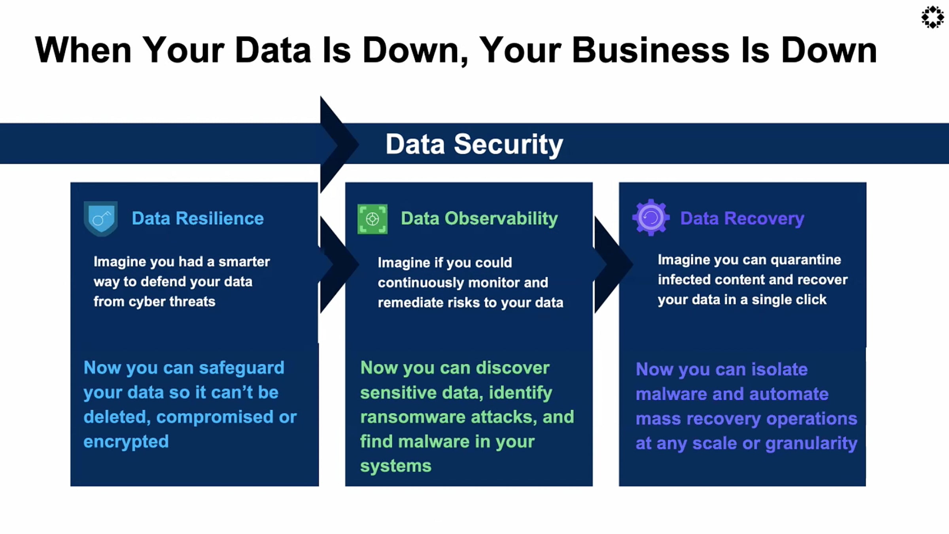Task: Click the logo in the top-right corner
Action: [x=932, y=17]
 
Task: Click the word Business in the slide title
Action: [x=650, y=50]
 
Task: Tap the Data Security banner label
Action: [x=474, y=144]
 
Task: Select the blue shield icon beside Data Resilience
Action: [x=101, y=218]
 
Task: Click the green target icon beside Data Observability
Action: [x=372, y=219]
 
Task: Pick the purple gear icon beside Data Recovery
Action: [x=651, y=218]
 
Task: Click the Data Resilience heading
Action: [x=198, y=218]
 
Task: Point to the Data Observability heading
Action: [x=479, y=218]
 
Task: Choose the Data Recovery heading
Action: [x=742, y=218]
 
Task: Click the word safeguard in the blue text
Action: [x=242, y=368]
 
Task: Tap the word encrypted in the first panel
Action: [x=126, y=441]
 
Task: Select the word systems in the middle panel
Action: [x=395, y=466]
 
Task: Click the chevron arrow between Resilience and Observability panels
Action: [x=336, y=264]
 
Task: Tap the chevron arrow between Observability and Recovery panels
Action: [x=611, y=264]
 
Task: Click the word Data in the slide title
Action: [x=273, y=50]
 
